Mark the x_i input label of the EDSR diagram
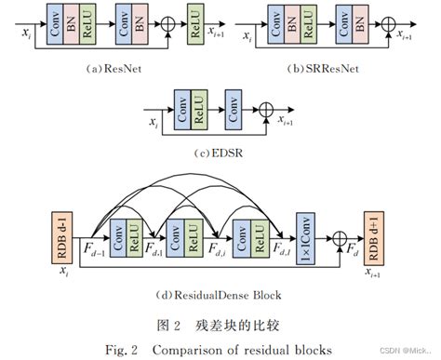pos(153,121)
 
